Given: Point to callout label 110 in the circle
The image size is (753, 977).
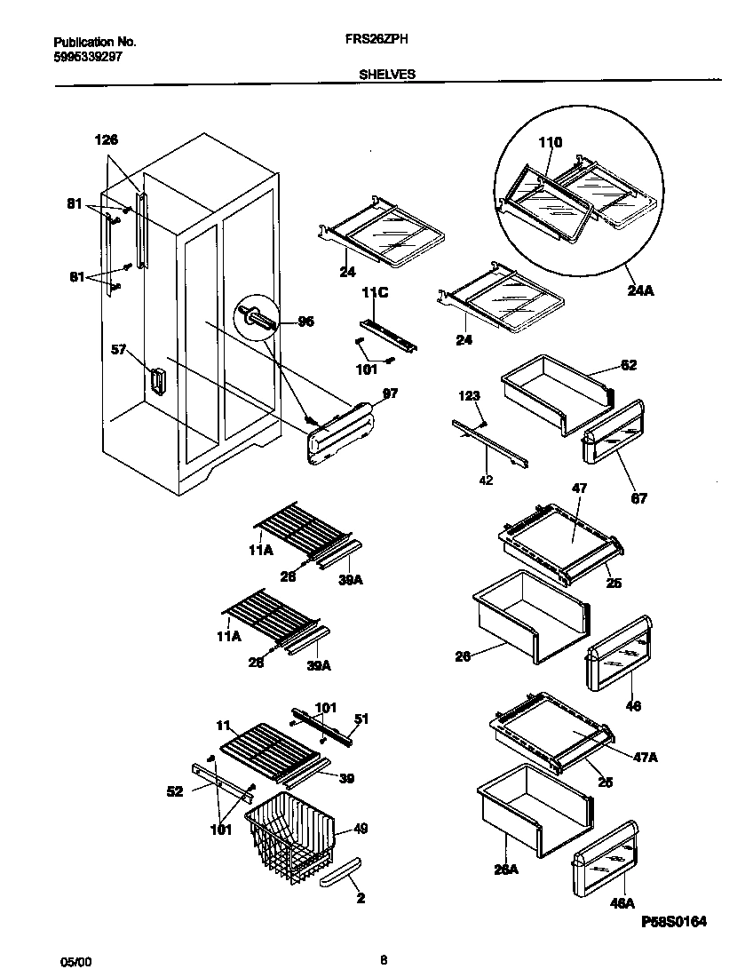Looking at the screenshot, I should coord(551,142).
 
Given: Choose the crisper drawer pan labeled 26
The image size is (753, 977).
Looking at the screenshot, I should coord(528,617).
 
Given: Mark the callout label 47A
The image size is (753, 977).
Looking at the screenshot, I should coord(646,757).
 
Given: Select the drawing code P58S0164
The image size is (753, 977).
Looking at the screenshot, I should coord(673,922).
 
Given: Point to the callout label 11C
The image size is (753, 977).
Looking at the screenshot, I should coord(370,290).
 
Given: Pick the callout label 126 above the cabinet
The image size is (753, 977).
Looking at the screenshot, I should coord(106,139).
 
